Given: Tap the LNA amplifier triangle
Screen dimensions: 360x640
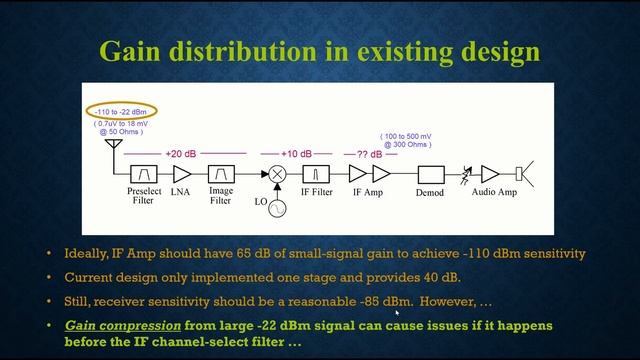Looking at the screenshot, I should click(x=182, y=174).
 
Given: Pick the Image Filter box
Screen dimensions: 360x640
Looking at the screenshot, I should click(x=221, y=174).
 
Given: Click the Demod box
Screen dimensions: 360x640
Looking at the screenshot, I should click(x=430, y=174).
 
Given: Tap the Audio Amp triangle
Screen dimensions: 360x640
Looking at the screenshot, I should click(x=490, y=175).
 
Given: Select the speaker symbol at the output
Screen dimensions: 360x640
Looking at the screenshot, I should click(x=522, y=174).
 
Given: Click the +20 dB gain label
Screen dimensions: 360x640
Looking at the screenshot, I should click(x=182, y=154).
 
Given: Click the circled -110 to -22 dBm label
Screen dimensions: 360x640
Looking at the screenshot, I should click(x=120, y=111).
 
